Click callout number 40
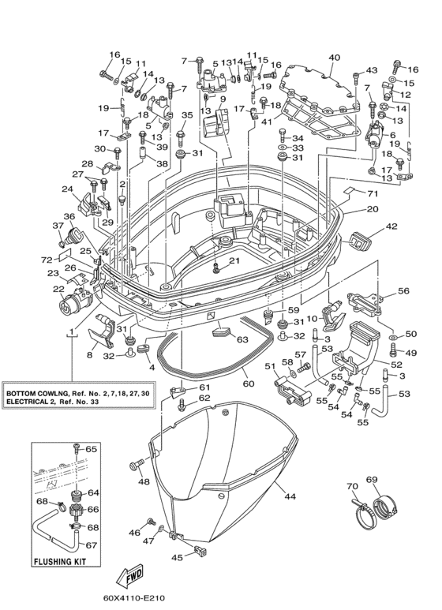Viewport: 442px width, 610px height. pyautogui.click(x=334, y=58)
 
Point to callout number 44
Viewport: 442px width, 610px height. pyautogui.click(x=290, y=496)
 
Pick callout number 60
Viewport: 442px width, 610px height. pyautogui.click(x=249, y=384)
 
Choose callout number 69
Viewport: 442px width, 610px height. pyautogui.click(x=372, y=480)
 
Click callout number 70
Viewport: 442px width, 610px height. pyautogui.click(x=353, y=486)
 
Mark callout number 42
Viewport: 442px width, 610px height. pyautogui.click(x=391, y=226)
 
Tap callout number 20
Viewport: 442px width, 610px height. pyautogui.click(x=373, y=209)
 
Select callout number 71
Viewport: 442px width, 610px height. pyautogui.click(x=373, y=193)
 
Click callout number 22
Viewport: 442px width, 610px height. pyautogui.click(x=58, y=288)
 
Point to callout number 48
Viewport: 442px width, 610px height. pyautogui.click(x=143, y=482)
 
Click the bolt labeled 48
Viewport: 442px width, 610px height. pyautogui.click(x=136, y=464)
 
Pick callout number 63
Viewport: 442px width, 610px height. pyautogui.click(x=242, y=339)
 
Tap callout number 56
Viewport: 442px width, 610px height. pyautogui.click(x=403, y=290)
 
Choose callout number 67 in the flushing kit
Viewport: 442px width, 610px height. pyautogui.click(x=91, y=545)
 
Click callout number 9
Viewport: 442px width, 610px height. pyautogui.click(x=222, y=99)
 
